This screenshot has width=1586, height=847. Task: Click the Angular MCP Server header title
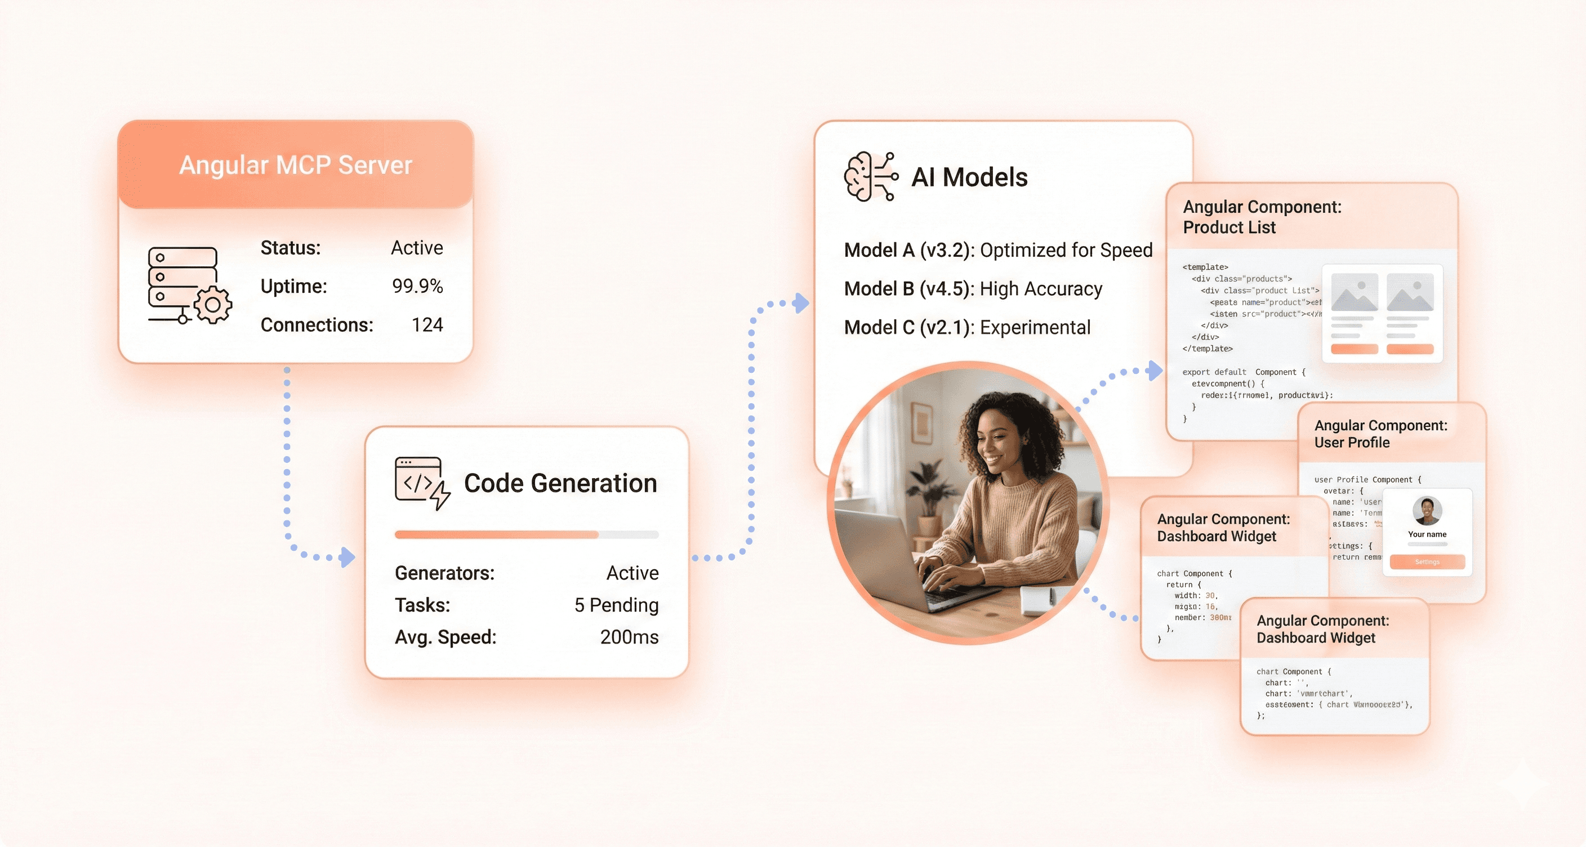pos(296,165)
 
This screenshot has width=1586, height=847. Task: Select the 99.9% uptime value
pos(417,286)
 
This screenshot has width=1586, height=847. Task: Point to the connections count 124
pos(427,325)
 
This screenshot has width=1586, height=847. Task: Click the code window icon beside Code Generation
pos(422,483)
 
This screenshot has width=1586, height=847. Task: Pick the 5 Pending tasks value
pos(616,605)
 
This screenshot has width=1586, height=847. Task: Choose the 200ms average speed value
pos(629,637)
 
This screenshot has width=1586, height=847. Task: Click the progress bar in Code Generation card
pos(527,535)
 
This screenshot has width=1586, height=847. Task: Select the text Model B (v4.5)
pos(907,289)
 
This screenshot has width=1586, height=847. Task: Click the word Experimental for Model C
pos(1035,327)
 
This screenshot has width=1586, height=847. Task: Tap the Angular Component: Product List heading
pos(1262,217)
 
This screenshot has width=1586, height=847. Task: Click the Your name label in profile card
pos(1427,534)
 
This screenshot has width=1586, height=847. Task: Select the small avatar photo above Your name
pos(1427,511)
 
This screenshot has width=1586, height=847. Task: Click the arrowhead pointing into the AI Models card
pos(801,303)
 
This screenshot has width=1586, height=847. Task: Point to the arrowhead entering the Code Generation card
pos(349,557)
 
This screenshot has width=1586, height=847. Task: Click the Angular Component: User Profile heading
pos(1380,434)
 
